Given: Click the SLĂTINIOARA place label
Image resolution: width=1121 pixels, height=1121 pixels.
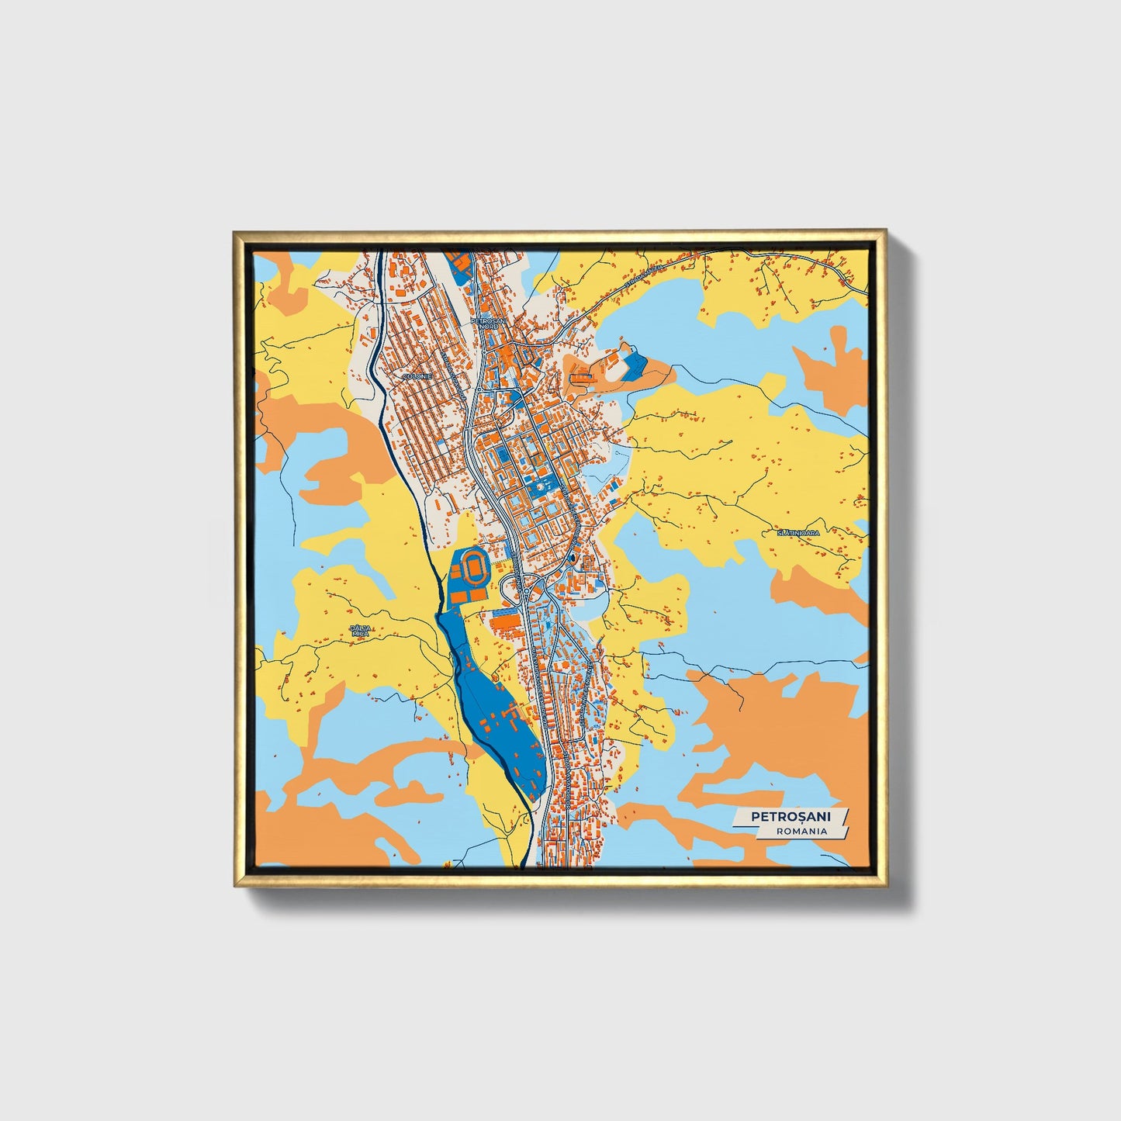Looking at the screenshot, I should [798, 533].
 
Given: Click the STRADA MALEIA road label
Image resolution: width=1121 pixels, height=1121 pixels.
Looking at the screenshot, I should [645, 277].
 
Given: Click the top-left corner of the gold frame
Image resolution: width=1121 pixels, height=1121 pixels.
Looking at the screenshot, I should [235, 232].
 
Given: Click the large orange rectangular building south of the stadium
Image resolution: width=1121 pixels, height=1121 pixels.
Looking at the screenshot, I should [504, 621].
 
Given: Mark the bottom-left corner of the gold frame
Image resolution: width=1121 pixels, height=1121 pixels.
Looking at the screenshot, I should [235, 885].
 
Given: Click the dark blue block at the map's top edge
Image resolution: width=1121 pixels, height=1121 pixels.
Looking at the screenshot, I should [459, 264].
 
